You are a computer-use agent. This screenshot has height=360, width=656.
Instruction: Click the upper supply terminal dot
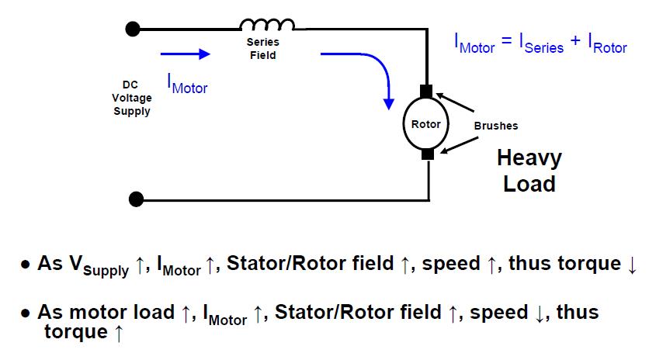133,29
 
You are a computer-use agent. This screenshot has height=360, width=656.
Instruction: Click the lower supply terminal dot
136,199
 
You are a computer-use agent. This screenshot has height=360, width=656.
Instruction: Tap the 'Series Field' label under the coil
262,49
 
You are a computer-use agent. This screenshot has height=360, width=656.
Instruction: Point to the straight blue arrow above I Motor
185,54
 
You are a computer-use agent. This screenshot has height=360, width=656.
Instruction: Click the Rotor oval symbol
426,124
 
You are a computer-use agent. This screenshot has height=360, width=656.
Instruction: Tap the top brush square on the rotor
426,92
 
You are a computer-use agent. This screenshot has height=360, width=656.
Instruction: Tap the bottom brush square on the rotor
426,154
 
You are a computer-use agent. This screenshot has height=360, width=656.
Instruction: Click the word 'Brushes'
495,125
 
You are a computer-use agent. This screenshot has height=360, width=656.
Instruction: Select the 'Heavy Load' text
529,171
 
